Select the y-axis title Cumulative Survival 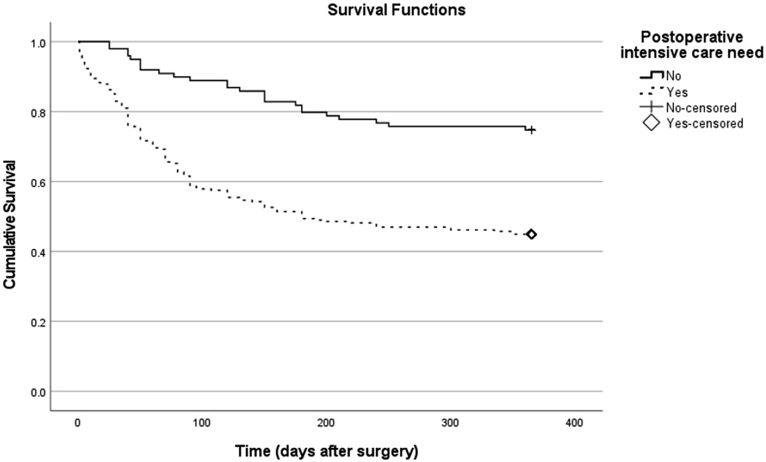9,225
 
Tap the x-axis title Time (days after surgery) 326,451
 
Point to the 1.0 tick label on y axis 38,43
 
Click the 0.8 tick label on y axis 38,113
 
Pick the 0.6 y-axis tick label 38,183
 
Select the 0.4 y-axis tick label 38,253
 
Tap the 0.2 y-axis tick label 38,323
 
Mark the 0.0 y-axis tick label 38,393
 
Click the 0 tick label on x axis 78,423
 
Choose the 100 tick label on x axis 202,423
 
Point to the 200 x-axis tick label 326,423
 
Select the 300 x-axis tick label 450,423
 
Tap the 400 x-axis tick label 574,423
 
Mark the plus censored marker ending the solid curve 531,130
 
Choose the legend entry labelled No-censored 688,108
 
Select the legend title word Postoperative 692,38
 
